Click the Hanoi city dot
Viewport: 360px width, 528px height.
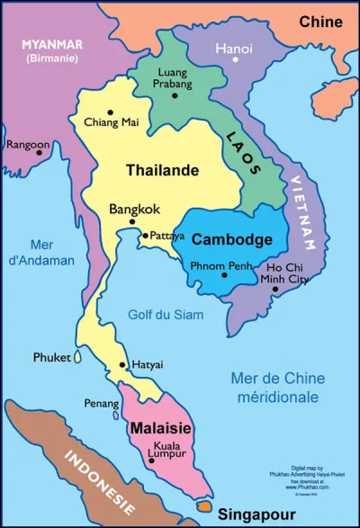[x=236, y=59]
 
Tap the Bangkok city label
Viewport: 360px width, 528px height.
[x=134, y=209]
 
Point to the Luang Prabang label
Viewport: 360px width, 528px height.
[x=175, y=77]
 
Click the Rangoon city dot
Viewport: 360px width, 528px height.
[x=39, y=153]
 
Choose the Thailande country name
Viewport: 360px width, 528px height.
[x=162, y=170]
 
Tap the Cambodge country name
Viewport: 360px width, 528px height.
[x=232, y=240]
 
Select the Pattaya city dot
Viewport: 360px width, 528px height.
[x=144, y=236]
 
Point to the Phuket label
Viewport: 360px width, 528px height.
[x=51, y=357]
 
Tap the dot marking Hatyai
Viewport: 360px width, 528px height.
[x=123, y=364]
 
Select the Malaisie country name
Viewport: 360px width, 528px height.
[x=160, y=429]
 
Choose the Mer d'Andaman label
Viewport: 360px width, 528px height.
[x=43, y=253]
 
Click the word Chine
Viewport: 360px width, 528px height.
[x=320, y=21]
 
